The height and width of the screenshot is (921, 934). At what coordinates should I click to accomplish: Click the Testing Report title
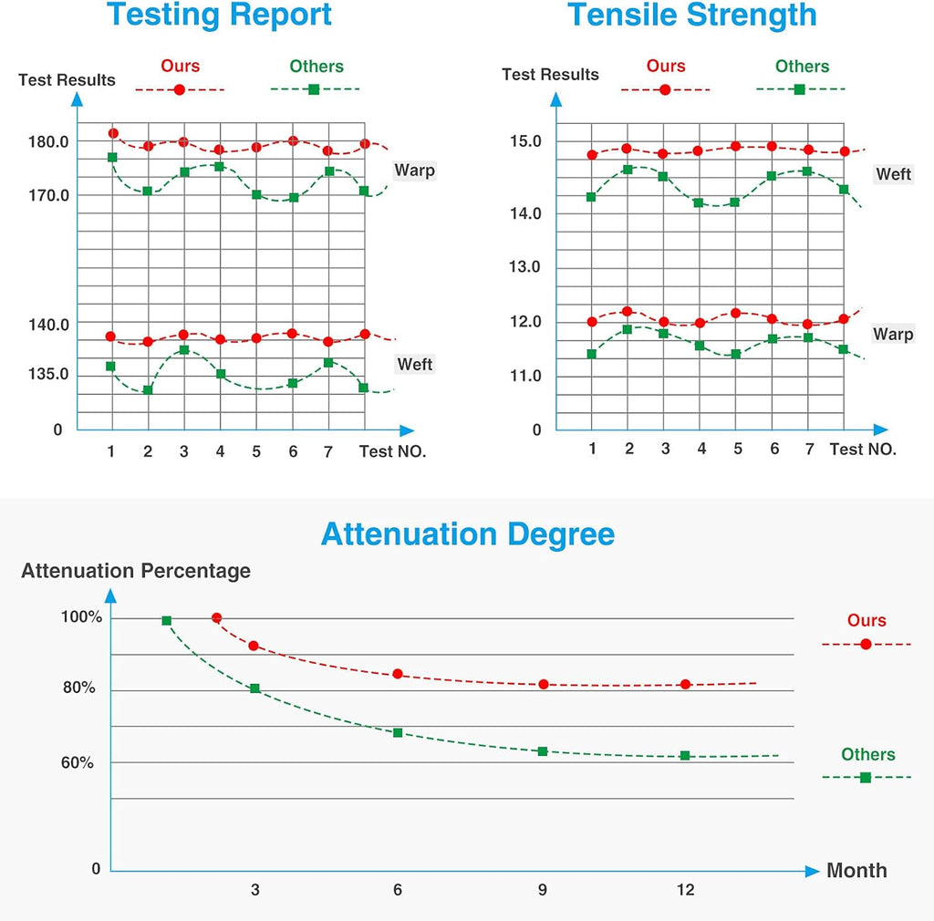tap(219, 15)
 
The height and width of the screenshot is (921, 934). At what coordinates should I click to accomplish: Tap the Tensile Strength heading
tap(691, 15)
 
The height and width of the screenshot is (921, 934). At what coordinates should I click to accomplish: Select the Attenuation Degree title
tap(468, 534)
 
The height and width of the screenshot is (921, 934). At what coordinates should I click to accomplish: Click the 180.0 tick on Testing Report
tap(48, 141)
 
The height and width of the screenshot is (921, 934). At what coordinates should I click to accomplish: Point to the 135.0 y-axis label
tap(48, 374)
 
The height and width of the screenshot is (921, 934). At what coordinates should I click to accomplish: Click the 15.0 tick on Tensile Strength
tap(525, 141)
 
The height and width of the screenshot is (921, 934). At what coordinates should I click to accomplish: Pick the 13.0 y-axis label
tap(524, 266)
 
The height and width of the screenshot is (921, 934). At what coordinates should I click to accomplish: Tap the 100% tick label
tap(81, 616)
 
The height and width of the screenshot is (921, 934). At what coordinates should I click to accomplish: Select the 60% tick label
tap(78, 762)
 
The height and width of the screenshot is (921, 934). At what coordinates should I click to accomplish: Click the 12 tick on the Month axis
tap(686, 889)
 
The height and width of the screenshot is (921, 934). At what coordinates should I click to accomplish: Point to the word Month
tap(856, 871)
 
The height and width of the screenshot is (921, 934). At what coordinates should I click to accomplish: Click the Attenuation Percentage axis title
tap(136, 571)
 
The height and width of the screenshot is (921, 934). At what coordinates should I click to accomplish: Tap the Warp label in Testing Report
tap(415, 171)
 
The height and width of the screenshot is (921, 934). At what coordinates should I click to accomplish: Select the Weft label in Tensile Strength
tap(894, 174)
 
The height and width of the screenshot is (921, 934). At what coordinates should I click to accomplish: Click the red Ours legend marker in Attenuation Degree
tap(867, 644)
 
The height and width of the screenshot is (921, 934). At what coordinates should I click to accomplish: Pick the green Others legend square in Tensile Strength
tap(800, 89)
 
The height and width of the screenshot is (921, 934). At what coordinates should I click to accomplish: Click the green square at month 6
tap(398, 733)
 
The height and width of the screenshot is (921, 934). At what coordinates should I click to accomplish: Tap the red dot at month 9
tap(544, 685)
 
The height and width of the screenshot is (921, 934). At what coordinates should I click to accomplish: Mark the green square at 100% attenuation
tap(167, 621)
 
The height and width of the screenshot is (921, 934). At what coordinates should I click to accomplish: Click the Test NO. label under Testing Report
tap(392, 451)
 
